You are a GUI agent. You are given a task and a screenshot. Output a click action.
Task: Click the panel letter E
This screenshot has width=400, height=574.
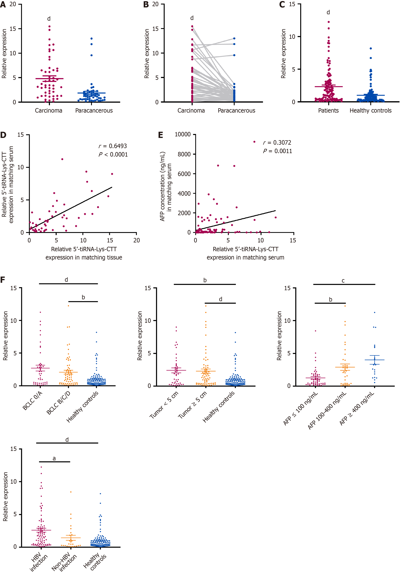[x=161, y=135]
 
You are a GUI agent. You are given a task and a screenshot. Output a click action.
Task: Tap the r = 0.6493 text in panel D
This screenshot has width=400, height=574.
[x=113, y=146]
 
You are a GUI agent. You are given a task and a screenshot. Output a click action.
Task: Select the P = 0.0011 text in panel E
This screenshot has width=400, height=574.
[x=277, y=151]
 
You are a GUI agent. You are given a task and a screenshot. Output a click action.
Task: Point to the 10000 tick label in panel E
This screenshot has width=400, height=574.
[x=183, y=134]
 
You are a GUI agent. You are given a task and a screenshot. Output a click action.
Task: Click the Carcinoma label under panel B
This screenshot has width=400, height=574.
[x=191, y=111]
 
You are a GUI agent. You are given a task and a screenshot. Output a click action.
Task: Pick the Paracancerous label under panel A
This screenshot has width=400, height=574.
[x=94, y=111]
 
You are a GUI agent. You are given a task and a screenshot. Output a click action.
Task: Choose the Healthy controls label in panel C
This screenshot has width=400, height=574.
[x=370, y=111]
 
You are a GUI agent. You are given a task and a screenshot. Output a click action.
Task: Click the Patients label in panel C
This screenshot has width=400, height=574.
[x=328, y=111]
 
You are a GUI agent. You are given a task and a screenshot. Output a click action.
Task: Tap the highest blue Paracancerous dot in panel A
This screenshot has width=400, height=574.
[x=92, y=38]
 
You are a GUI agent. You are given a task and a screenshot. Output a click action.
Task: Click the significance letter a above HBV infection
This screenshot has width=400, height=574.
[x=54, y=458]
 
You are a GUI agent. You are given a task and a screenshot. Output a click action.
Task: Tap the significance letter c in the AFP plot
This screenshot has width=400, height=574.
[x=343, y=281]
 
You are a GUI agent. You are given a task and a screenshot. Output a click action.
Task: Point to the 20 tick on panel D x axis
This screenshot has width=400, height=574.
[x=137, y=240]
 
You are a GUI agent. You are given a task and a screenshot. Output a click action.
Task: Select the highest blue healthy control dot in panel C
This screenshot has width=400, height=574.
[x=371, y=48]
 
